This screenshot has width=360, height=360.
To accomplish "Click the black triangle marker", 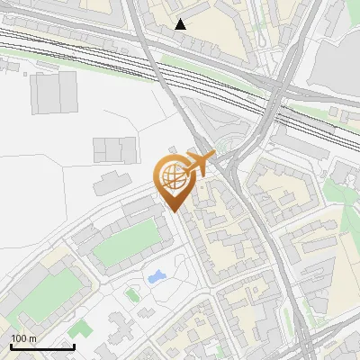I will [181, 24].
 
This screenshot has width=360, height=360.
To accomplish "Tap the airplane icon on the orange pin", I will [198, 164].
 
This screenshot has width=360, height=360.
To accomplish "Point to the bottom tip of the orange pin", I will [174, 211].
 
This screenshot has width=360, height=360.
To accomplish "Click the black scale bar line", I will [41, 346].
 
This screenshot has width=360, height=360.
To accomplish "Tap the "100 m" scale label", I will [23, 338].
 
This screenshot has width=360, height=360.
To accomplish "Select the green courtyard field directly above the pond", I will [126, 244].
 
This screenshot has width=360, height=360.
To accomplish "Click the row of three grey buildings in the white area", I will [114, 148].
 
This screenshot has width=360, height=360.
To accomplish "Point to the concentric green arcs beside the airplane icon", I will [233, 144].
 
